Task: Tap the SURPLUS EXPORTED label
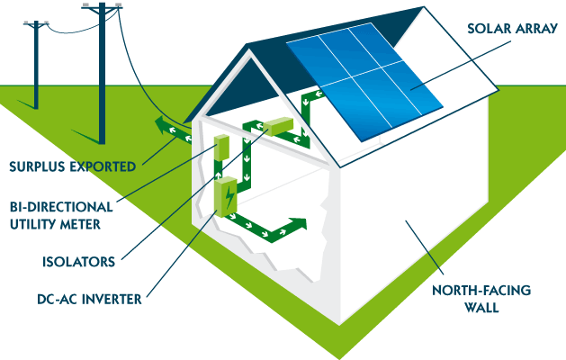pyautogui.click(x=72, y=166)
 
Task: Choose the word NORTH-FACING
pyautogui.click(x=483, y=291)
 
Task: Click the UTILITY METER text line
pyautogui.click(x=60, y=223)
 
